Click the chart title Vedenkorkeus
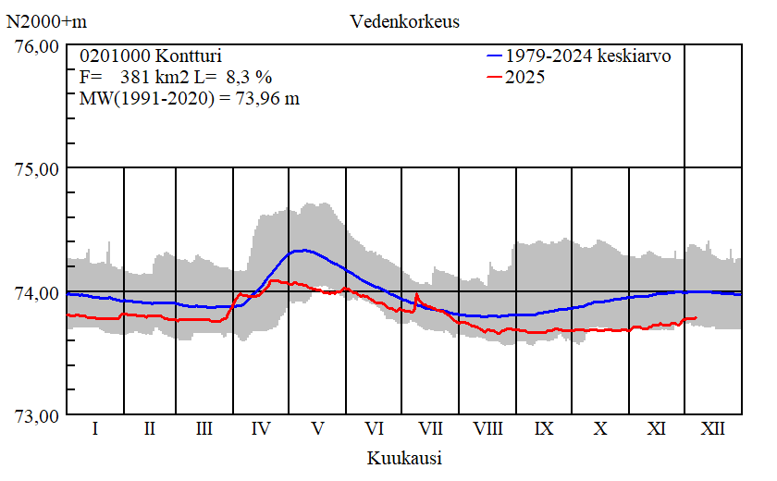point(404,21)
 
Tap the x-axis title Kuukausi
point(404,458)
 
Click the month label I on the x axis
point(95,429)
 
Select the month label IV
point(262,429)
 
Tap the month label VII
point(430,429)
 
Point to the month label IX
point(544,429)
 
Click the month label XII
point(712,429)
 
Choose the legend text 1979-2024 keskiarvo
point(588,55)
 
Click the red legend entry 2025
point(525,77)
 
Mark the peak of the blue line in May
point(302,250)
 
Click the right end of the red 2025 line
point(696,318)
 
